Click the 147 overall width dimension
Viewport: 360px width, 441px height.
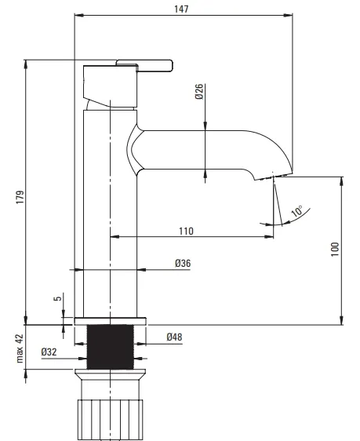(181, 9)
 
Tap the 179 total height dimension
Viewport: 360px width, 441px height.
(20, 197)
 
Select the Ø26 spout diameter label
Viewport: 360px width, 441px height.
(199, 91)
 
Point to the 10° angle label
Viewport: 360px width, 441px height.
(296, 211)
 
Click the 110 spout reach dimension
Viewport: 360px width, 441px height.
(186, 231)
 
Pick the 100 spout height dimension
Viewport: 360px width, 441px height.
(335, 250)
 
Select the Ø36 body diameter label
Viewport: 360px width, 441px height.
(183, 264)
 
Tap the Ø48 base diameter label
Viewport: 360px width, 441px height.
(174, 337)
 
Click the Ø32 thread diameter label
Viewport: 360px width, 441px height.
(49, 352)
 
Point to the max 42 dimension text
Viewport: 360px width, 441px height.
(20, 348)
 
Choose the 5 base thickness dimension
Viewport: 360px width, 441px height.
(57, 298)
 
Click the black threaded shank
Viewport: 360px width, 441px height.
(110, 347)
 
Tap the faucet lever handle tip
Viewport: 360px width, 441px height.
(169, 66)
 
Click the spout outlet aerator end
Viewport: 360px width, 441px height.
(273, 177)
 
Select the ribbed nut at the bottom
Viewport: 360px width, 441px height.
(110, 420)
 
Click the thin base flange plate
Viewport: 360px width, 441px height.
(110, 321)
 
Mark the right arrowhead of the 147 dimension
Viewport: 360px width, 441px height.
(289, 15)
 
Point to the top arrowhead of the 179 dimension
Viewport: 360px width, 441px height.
(26, 64)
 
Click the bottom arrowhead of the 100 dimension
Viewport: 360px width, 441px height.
(342, 321)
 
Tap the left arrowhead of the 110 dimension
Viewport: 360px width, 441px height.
(115, 237)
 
